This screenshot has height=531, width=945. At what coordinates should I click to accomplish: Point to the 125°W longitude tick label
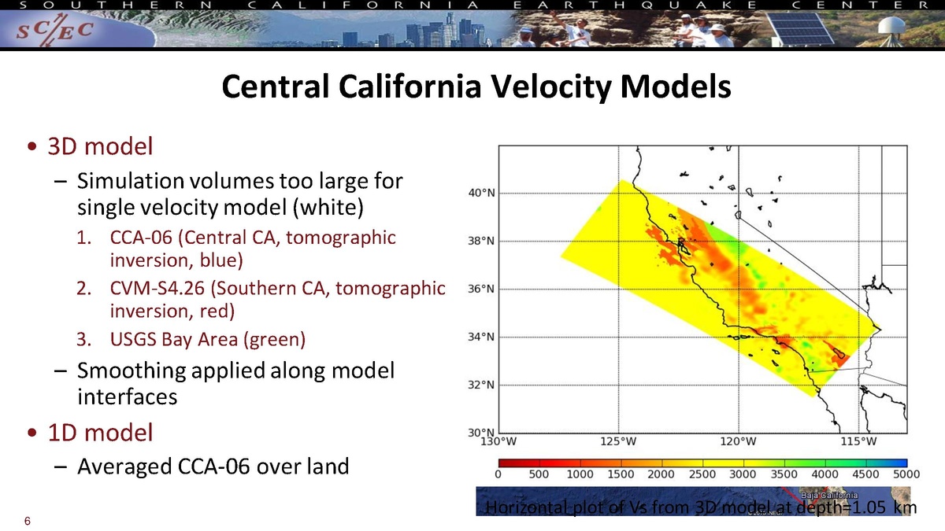(619, 441)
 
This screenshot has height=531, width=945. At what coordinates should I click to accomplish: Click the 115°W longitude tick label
(859, 441)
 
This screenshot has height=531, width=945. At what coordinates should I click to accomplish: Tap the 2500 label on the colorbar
(702, 474)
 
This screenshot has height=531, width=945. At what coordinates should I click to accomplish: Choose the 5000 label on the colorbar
(906, 474)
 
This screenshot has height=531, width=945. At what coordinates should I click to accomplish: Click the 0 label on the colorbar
(498, 474)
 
